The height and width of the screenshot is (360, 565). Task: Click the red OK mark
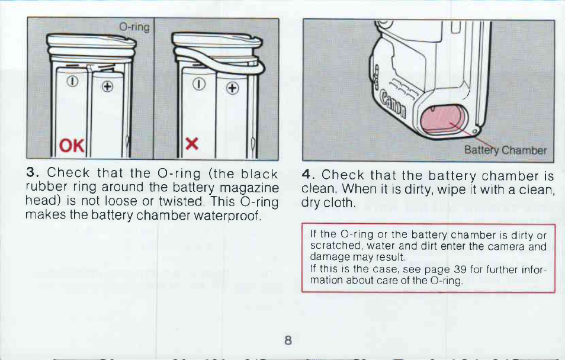(x=72, y=146)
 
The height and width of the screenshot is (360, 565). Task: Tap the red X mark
(x=192, y=144)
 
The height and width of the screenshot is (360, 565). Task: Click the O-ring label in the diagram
(x=134, y=27)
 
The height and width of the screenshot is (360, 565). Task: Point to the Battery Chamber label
(x=505, y=150)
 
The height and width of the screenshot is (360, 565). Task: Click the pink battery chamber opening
(x=443, y=120)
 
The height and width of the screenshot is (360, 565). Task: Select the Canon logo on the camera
(x=393, y=104)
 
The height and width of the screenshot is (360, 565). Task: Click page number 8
(x=288, y=340)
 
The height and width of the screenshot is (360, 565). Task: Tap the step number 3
(x=32, y=172)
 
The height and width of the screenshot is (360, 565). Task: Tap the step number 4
(x=307, y=175)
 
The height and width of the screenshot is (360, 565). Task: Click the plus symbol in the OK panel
(x=107, y=86)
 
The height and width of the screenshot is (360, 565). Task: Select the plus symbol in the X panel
(x=233, y=88)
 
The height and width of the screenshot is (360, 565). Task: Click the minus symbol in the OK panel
(x=73, y=82)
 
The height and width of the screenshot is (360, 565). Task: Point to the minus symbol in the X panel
(x=198, y=84)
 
